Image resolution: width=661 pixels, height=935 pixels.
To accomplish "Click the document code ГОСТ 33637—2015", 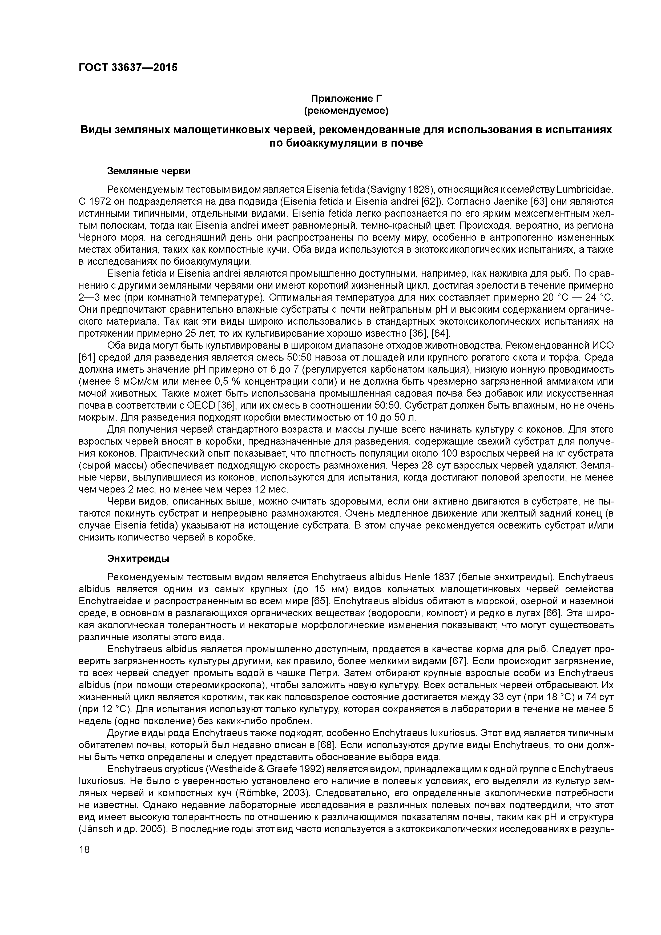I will pos(128,68).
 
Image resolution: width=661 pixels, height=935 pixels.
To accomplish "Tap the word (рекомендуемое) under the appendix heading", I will pos(346,110).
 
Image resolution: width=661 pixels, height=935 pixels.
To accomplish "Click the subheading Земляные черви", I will pos(149,171).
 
